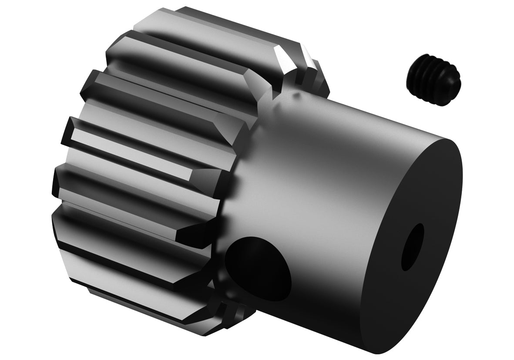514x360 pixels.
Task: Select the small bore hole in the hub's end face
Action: tap(412, 247)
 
